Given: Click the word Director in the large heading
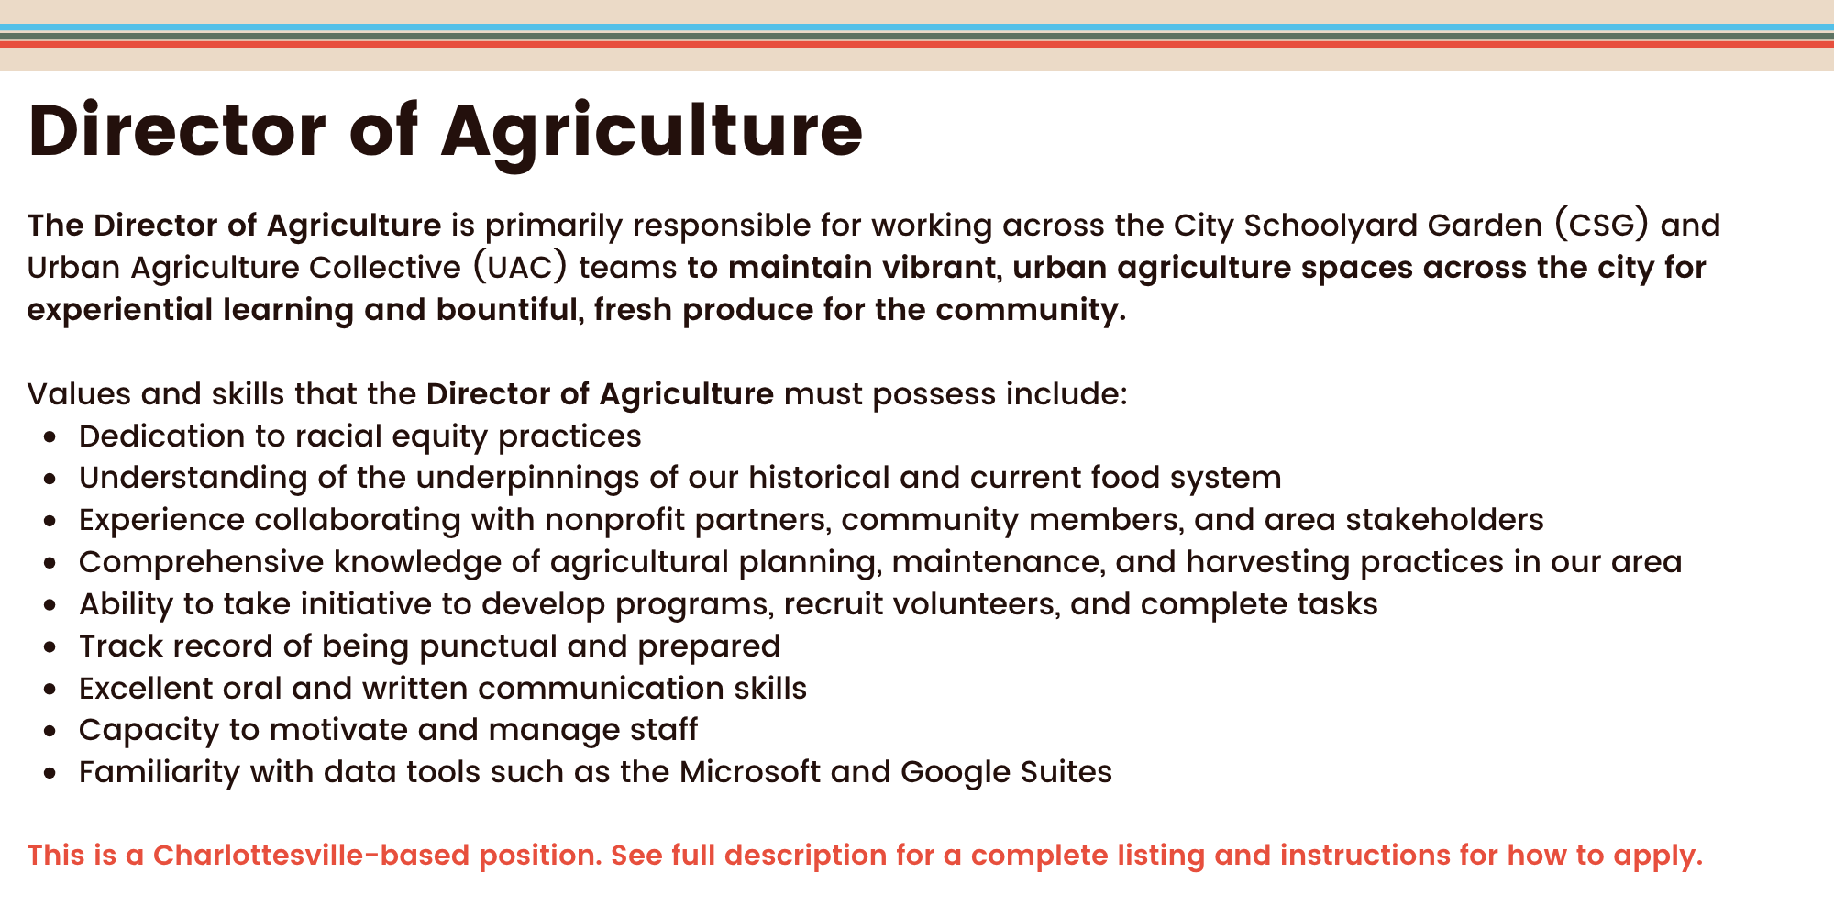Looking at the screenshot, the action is (177, 130).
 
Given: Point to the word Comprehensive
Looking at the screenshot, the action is (201, 562).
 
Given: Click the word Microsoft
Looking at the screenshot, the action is (750, 772).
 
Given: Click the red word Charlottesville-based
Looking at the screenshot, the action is (378, 856).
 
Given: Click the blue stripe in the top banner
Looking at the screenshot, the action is (917, 28).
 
